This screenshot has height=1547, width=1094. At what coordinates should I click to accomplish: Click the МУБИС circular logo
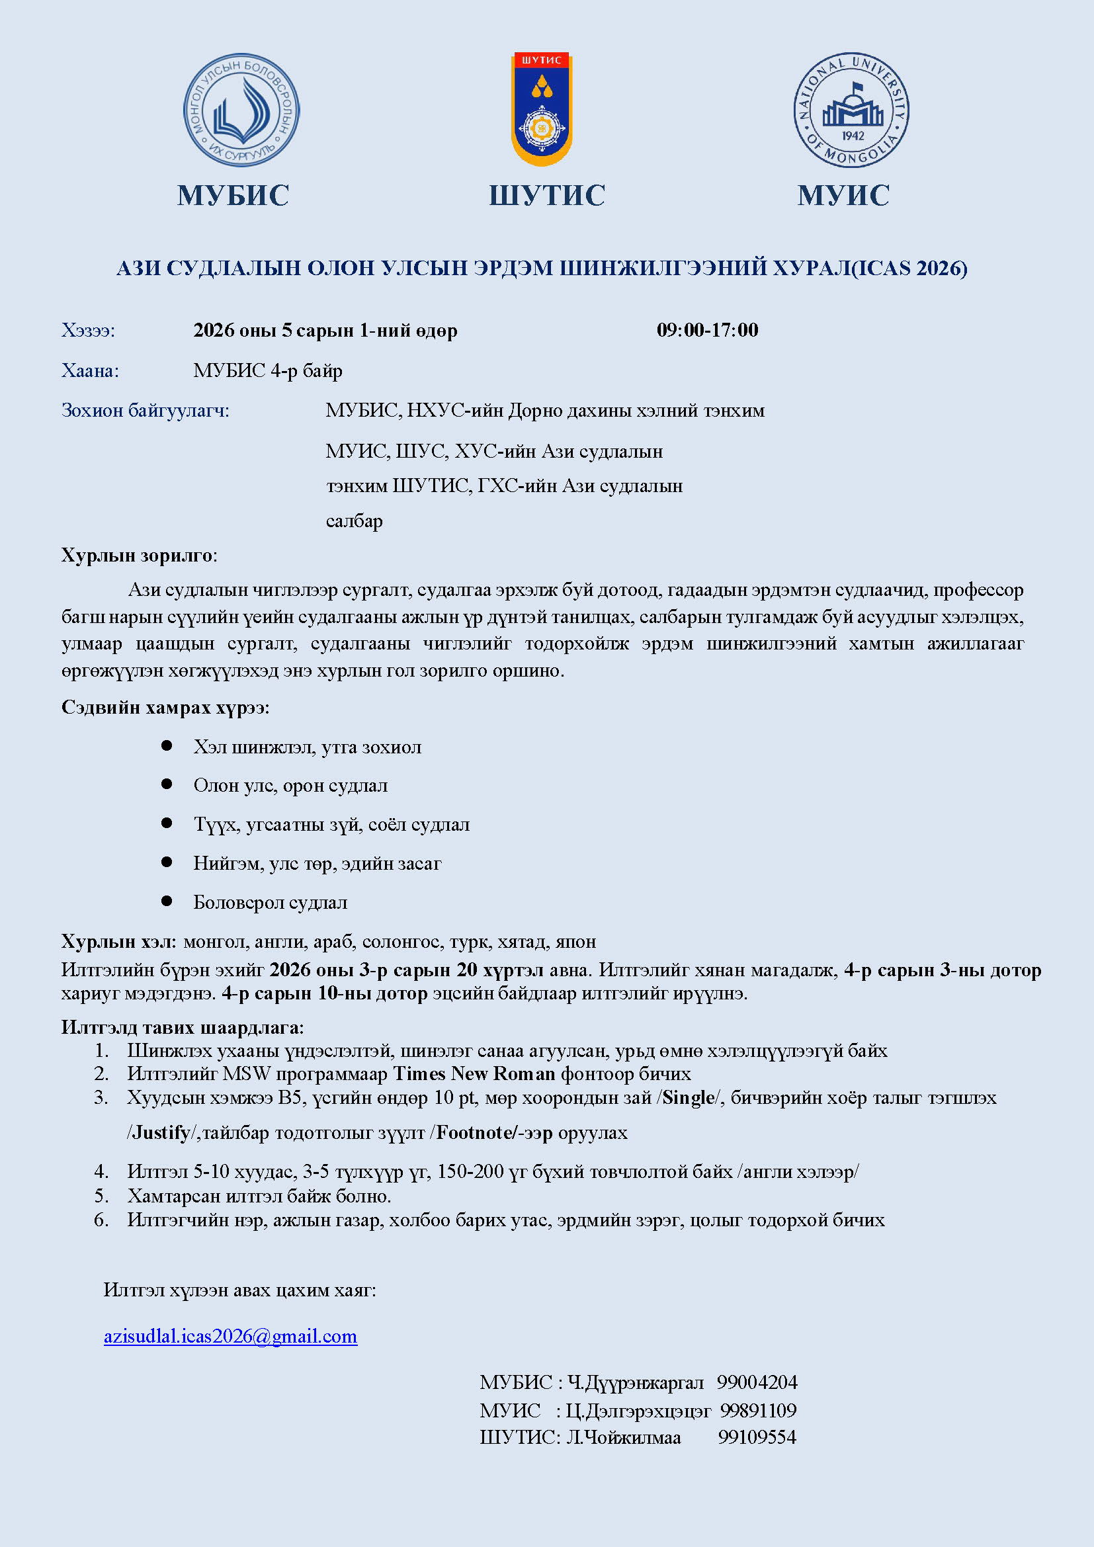(241, 110)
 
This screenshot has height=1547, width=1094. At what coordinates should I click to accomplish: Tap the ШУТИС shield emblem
(542, 109)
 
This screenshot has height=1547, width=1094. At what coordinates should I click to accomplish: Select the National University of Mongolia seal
(851, 110)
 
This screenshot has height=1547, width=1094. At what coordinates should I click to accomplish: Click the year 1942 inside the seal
(852, 136)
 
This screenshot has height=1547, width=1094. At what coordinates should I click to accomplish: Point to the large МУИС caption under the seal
(843, 195)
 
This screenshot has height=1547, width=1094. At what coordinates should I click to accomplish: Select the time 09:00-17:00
(707, 330)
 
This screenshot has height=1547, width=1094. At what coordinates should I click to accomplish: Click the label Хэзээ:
(88, 331)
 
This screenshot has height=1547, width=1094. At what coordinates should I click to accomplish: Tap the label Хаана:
(90, 370)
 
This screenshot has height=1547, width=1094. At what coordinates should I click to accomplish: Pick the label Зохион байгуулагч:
(146, 410)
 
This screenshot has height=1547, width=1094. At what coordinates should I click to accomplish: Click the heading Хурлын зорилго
(138, 555)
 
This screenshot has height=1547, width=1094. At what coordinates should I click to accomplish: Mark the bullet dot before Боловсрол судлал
(167, 901)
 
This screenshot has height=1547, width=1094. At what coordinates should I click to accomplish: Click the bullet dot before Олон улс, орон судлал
(167, 784)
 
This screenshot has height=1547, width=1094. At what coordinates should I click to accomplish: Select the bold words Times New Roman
(474, 1073)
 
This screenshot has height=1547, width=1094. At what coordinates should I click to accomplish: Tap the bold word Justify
(161, 1132)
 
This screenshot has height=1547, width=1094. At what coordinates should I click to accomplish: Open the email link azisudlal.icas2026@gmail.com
(230, 1336)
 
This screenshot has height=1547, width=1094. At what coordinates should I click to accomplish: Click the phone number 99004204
(757, 1382)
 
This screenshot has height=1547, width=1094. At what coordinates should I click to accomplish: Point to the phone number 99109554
(757, 1437)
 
